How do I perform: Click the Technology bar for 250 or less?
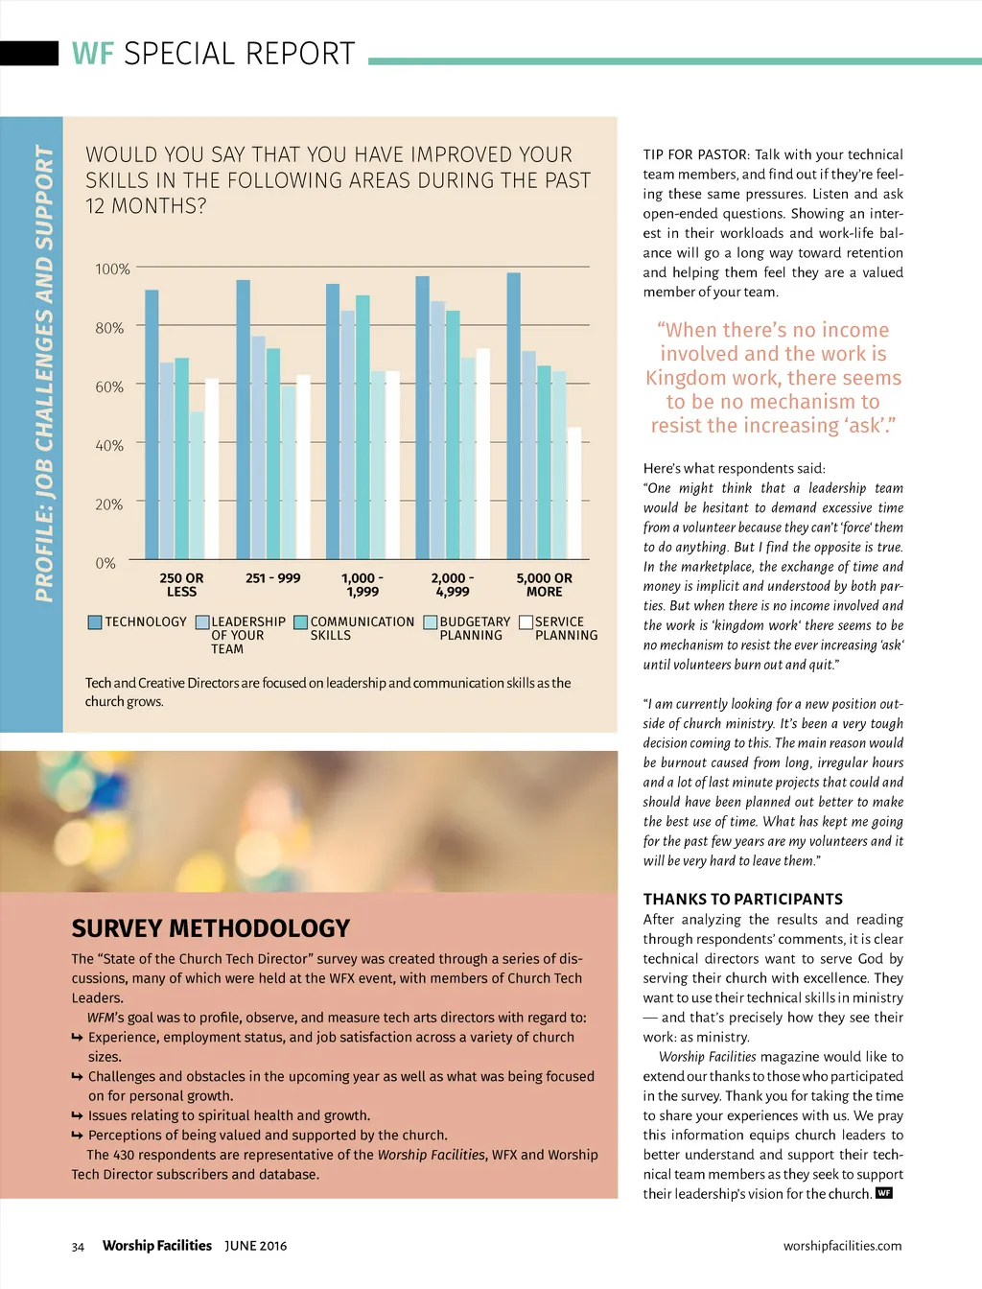click(x=152, y=424)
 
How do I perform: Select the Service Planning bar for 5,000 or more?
click(x=574, y=493)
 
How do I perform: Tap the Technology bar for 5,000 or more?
click(x=513, y=416)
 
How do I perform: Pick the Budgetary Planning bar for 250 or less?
click(x=197, y=485)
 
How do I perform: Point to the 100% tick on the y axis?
click(x=112, y=270)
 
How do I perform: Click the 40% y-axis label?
click(x=109, y=446)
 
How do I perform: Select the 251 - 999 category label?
click(x=273, y=578)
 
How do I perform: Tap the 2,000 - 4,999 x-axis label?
click(x=453, y=585)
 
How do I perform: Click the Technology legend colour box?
click(x=95, y=622)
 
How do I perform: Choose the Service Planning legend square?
click(x=526, y=622)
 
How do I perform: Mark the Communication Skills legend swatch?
click(x=300, y=622)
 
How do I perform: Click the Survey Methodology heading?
click(x=211, y=928)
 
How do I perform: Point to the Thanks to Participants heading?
click(x=743, y=899)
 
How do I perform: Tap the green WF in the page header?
click(x=92, y=54)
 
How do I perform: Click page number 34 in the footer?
click(x=78, y=1247)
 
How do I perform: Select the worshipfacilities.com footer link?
click(x=842, y=1246)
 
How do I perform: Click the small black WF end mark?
click(x=884, y=1193)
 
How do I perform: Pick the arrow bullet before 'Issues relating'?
click(x=77, y=1115)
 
